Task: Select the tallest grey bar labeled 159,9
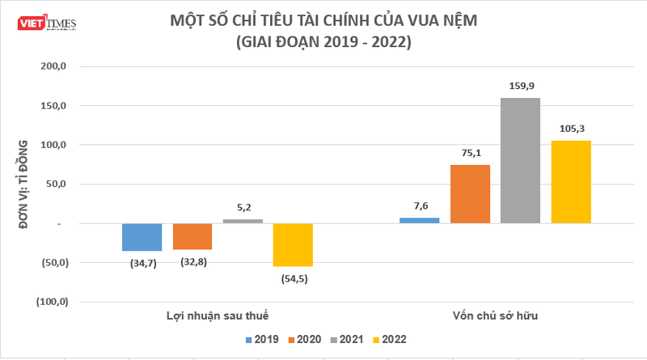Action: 520,160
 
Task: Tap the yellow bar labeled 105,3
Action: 571,182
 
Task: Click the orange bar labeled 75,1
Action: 470,193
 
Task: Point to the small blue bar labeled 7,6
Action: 420,220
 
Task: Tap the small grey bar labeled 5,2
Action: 243,221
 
